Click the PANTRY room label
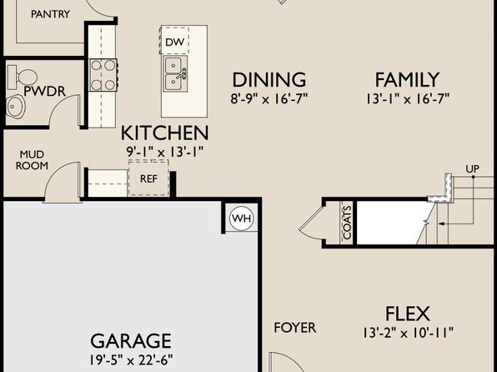[x=50, y=14]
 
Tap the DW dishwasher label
[x=174, y=42]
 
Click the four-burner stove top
[x=103, y=75]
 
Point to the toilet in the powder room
[x=23, y=77]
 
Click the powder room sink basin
[x=16, y=106]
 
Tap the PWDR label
[x=45, y=92]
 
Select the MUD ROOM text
[x=32, y=160]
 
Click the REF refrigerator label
[x=148, y=178]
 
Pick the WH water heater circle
[x=242, y=219]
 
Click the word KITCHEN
[x=165, y=133]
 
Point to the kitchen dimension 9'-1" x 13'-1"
[x=164, y=152]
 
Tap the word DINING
[x=269, y=79]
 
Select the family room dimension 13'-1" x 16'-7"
[x=408, y=99]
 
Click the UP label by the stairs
[x=472, y=168]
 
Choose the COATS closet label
[x=348, y=223]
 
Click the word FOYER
[x=294, y=328]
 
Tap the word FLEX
[x=408, y=314]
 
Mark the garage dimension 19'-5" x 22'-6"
[x=131, y=360]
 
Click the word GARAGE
[x=131, y=341]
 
